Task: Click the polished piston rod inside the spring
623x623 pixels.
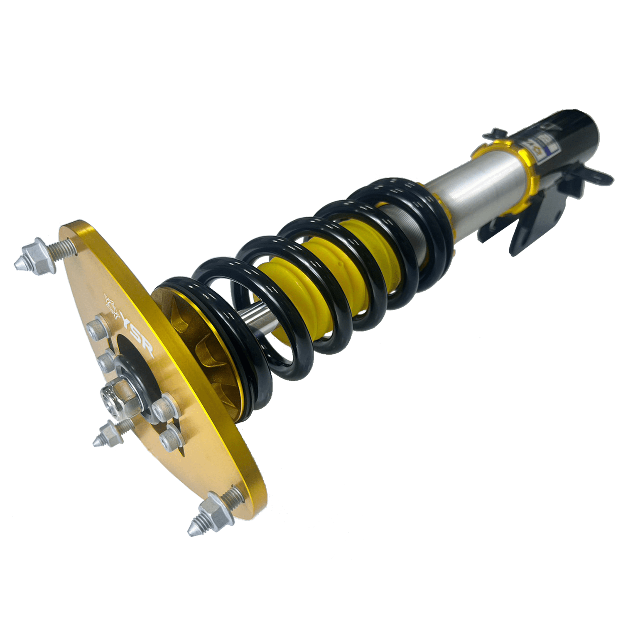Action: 253,316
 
